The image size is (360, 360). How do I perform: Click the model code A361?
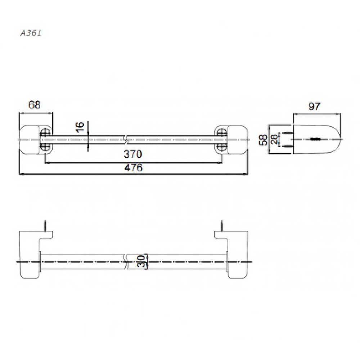[31, 33]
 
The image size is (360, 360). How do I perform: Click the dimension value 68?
[35, 105]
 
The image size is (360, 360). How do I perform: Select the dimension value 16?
[80, 127]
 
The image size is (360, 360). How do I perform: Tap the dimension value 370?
[133, 154]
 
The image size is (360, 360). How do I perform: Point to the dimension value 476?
[134, 168]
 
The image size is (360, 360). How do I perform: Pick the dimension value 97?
[314, 106]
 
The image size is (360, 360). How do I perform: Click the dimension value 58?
[263, 140]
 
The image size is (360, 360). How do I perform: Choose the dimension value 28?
[274, 139]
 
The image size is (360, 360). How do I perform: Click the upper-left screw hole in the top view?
[45, 133]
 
